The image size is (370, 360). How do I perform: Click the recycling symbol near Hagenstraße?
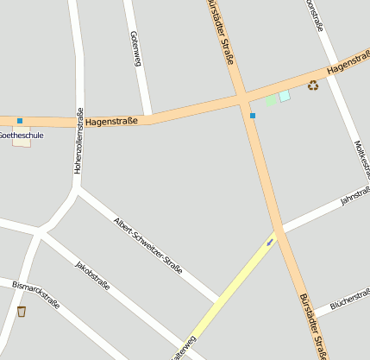(312, 85)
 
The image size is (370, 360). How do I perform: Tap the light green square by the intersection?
(271, 100)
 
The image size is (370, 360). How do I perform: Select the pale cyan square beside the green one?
(285, 96)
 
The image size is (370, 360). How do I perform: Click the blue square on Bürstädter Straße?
(253, 116)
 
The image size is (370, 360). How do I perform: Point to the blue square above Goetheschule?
(19, 121)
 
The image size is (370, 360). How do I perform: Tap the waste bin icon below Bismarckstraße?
(21, 312)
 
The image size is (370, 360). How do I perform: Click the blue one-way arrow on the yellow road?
(271, 242)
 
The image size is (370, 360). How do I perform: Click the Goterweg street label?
(135, 49)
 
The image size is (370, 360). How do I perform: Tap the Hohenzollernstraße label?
(78, 141)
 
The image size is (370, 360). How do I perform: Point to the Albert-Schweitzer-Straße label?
(147, 245)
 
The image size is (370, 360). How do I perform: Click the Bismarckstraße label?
(35, 294)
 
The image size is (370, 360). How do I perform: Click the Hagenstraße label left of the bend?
(111, 123)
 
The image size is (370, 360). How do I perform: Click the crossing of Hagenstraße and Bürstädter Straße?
(242, 99)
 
